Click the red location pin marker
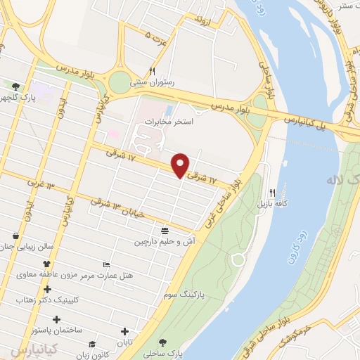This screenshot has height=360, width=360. click(181, 165)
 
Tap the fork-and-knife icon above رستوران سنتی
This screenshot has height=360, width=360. click(152, 71)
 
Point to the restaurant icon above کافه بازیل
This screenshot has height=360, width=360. click(272, 192)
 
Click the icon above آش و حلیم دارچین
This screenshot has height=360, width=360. click(165, 230)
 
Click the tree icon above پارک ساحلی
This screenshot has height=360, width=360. click(164, 342)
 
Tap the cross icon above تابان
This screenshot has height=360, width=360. click(125, 331)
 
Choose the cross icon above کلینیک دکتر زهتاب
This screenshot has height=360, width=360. click(47, 289)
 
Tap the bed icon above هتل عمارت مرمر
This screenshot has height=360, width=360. click(106, 264)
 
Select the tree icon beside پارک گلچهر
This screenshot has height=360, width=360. click(15, 86)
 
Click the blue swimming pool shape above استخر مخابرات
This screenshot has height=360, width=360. click(168, 110)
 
